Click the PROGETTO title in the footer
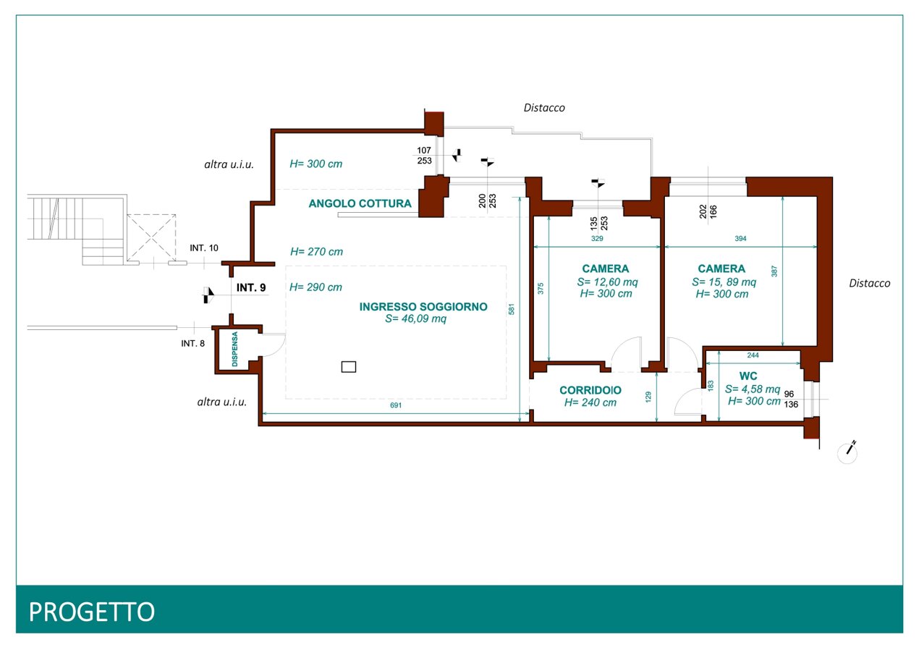pyautogui.click(x=92, y=612)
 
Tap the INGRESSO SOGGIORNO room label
pyautogui.click(x=423, y=306)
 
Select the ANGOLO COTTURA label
pyautogui.click(x=360, y=203)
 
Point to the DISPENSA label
pyautogui.click(x=234, y=349)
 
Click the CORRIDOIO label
pyautogui.click(x=590, y=390)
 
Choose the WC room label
pyautogui.click(x=748, y=376)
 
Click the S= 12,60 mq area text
pyautogui.click(x=607, y=282)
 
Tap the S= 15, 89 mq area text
pyautogui.click(x=724, y=282)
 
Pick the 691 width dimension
pyautogui.click(x=396, y=405)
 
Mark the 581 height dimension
pyautogui.click(x=511, y=309)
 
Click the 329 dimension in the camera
pyautogui.click(x=597, y=238)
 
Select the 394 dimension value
pyautogui.click(x=740, y=238)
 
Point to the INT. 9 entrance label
pyautogui.click(x=251, y=287)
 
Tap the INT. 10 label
pyautogui.click(x=204, y=248)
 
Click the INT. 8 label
pyautogui.click(x=192, y=344)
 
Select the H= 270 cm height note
pyautogui.click(x=316, y=252)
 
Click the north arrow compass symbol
pyautogui.click(x=847, y=452)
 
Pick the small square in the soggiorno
pyautogui.click(x=349, y=366)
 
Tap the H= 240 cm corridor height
pyautogui.click(x=590, y=402)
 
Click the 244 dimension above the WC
pyautogui.click(x=753, y=355)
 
